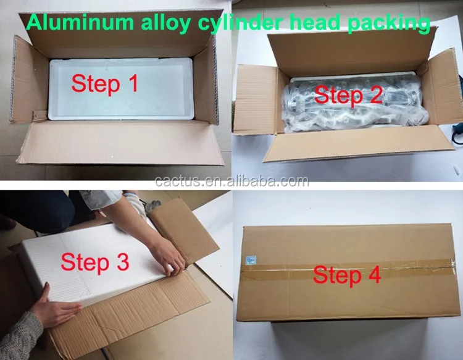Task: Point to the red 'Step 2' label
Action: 349,95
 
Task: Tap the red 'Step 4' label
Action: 346,274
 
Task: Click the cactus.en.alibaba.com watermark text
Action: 231,181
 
